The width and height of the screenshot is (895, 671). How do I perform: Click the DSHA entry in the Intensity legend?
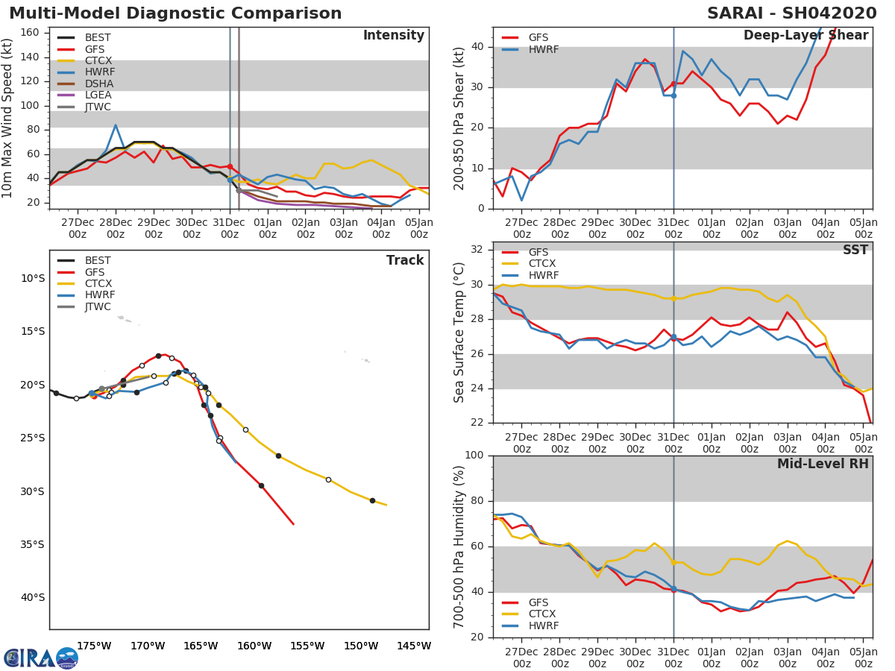pyautogui.click(x=99, y=84)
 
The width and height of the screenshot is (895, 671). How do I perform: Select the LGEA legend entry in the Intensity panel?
pyautogui.click(x=98, y=95)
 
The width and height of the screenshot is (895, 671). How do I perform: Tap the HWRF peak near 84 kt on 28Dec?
pyautogui.click(x=116, y=125)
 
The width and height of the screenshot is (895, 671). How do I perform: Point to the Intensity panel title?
pyautogui.click(x=394, y=36)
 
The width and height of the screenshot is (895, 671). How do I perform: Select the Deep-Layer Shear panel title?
pyautogui.click(x=805, y=36)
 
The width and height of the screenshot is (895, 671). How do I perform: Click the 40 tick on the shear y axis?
pyautogui.click(x=477, y=46)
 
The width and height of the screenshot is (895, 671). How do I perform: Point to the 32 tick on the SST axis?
pyautogui.click(x=477, y=249)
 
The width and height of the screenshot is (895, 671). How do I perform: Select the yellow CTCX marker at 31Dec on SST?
pyautogui.click(x=673, y=299)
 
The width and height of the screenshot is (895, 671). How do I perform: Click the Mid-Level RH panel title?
pyautogui.click(x=823, y=464)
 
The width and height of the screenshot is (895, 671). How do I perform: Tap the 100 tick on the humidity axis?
pyautogui.click(x=474, y=455)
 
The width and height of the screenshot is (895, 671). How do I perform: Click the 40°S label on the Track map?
pyautogui.click(x=33, y=598)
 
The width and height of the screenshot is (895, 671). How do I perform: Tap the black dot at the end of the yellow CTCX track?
pyautogui.click(x=372, y=501)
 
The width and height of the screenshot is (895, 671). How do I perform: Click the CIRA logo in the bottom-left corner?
pyautogui.click(x=40, y=658)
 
